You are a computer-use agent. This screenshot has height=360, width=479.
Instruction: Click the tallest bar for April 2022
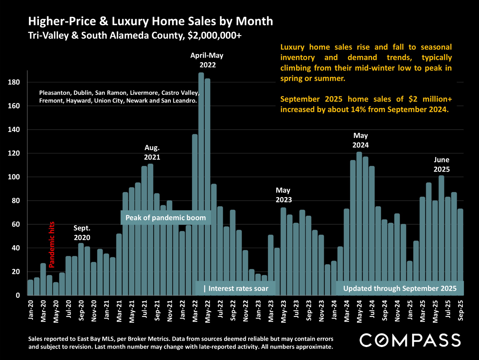tap(201, 183)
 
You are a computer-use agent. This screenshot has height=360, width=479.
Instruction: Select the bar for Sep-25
tap(460, 252)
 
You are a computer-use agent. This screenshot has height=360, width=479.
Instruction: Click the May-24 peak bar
tap(359, 223)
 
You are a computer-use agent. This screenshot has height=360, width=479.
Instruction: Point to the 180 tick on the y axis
tap(14, 82)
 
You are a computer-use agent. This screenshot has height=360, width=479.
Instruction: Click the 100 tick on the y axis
tap(14, 177)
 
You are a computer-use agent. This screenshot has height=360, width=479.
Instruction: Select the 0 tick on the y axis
tap(18, 295)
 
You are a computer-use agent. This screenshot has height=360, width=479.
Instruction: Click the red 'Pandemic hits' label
tap(52, 245)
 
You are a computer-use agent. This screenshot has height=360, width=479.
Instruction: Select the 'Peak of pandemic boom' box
tap(166, 218)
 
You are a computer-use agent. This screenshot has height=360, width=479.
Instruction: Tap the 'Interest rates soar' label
tap(238, 289)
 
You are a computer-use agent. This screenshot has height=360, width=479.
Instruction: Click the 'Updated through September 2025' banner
tap(400, 289)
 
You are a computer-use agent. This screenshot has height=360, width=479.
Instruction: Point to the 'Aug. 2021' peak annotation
tap(152, 152)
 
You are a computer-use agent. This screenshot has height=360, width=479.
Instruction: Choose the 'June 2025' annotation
tap(441, 165)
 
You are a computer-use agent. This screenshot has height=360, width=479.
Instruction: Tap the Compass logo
tap(410, 340)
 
